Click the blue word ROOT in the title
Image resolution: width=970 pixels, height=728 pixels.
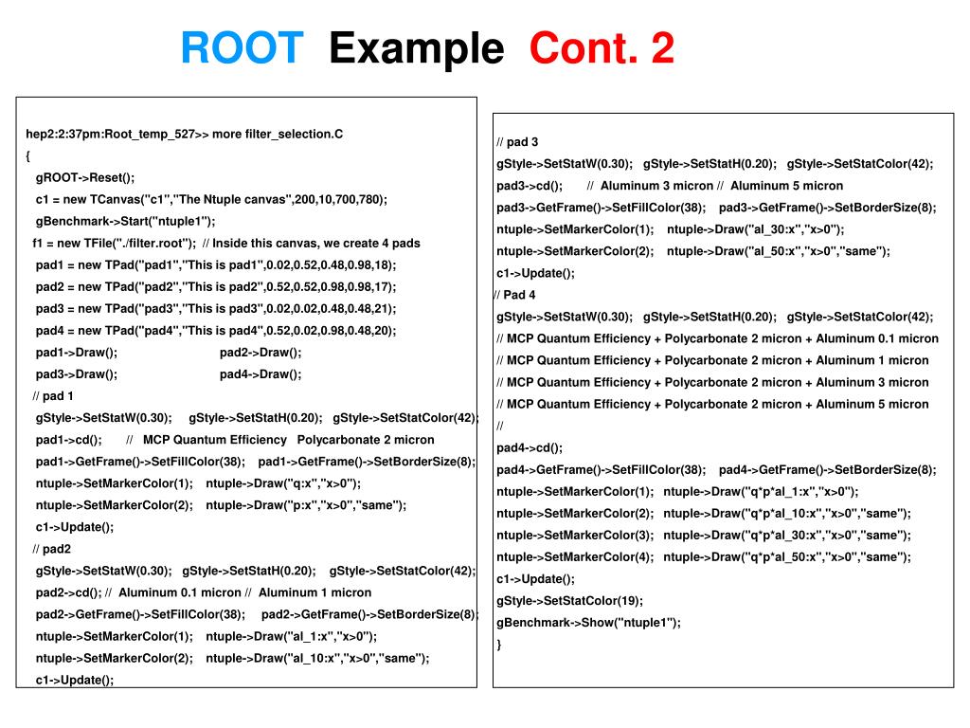[242, 48]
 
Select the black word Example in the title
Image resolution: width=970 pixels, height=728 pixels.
[416, 48]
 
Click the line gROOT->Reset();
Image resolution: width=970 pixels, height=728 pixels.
[85, 177]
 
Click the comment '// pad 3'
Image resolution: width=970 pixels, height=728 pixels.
[517, 142]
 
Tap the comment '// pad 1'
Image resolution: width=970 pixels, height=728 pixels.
[53, 396]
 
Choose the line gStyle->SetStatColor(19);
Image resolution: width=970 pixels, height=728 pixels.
[569, 601]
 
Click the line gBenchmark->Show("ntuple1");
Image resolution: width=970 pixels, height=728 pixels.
[588, 623]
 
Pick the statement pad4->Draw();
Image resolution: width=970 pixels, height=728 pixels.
[260, 374]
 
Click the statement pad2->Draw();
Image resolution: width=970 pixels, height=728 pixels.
[260, 353]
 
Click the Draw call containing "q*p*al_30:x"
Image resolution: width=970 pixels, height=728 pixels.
[787, 536]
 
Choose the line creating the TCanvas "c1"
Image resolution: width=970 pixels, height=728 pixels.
[211, 199]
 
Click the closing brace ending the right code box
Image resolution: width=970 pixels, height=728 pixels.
[499, 645]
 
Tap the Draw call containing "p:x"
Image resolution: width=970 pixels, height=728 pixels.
[306, 505]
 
